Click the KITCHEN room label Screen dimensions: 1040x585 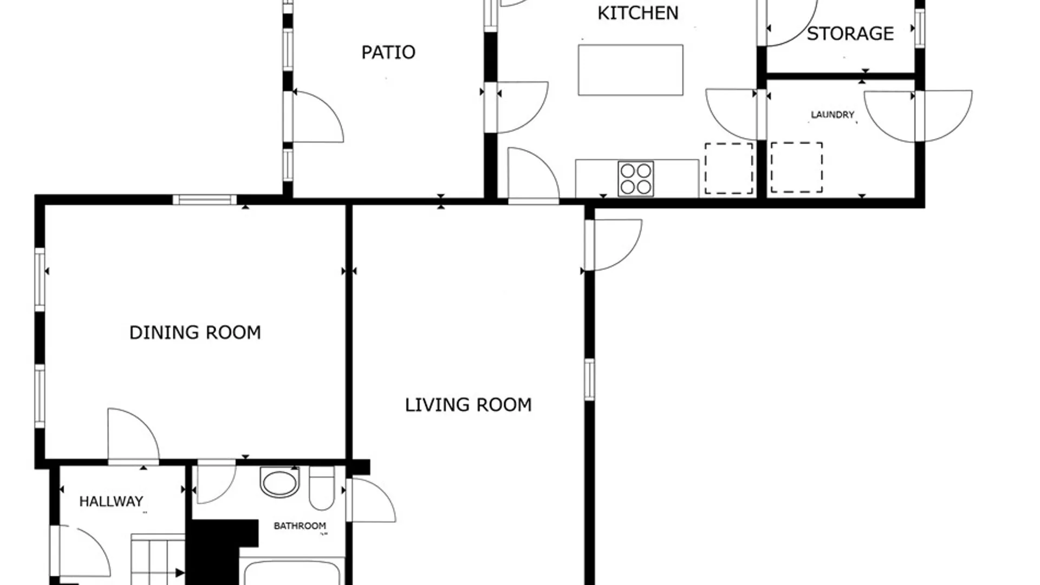[638, 13]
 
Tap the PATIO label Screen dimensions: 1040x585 [388, 53]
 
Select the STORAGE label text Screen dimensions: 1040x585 [850, 34]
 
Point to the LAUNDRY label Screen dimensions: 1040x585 [833, 115]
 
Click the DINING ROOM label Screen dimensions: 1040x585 [195, 333]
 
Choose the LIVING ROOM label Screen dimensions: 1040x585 [469, 405]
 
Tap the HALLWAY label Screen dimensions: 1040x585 [111, 502]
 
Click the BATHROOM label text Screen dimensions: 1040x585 [300, 526]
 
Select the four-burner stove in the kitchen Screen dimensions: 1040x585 [636, 179]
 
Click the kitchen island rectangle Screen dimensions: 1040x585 [630, 70]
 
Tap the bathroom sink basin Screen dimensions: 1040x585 [279, 483]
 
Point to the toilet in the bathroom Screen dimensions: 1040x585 [322, 488]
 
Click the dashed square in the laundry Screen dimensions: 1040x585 [797, 167]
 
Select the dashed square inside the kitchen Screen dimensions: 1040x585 [729, 168]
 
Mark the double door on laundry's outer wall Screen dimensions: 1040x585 [918, 116]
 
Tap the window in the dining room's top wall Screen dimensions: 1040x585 [205, 200]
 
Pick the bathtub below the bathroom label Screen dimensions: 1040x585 [292, 571]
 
